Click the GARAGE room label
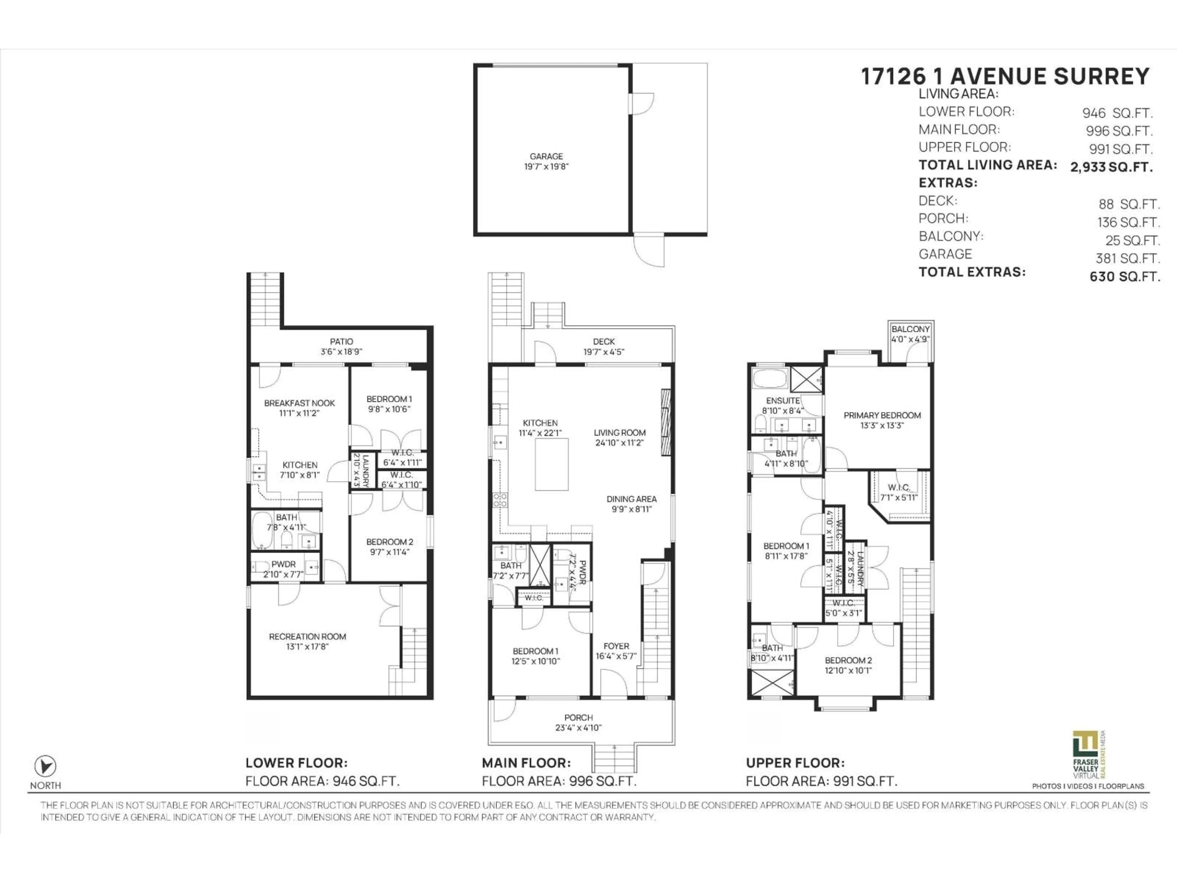(546, 156)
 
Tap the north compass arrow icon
(45, 766)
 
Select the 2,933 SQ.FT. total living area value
(1111, 167)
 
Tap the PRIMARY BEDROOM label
(882, 415)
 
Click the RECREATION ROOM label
(307, 636)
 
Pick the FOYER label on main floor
(616, 646)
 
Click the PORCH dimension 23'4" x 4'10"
(578, 728)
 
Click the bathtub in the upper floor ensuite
(769, 378)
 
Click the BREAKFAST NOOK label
(299, 403)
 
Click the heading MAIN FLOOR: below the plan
(526, 763)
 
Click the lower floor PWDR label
(283, 564)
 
